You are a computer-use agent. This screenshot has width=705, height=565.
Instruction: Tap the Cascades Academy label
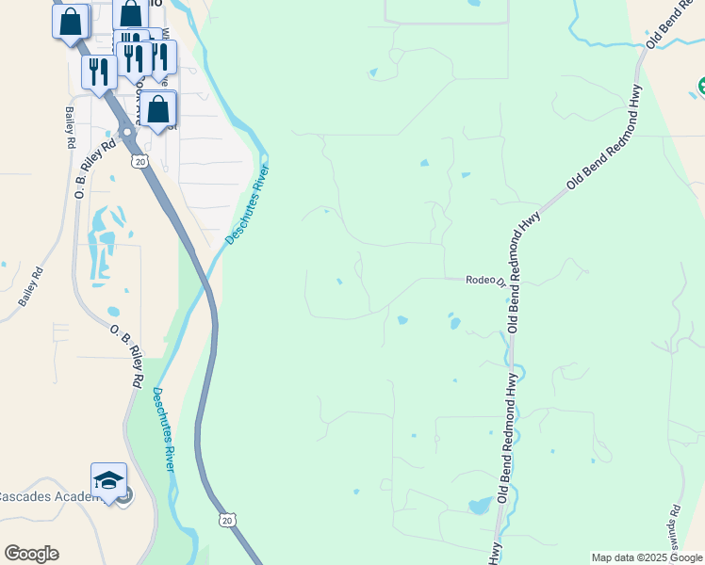coord(47,496)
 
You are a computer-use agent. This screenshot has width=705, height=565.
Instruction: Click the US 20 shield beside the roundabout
coord(140,162)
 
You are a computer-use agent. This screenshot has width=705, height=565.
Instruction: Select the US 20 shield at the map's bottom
coord(226,519)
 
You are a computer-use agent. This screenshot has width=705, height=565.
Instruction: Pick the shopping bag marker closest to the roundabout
coord(159,109)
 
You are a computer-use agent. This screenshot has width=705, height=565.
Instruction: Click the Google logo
coord(31,554)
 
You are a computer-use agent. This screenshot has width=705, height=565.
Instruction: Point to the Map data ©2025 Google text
coord(647,557)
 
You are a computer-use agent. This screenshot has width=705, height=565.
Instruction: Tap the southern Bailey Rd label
coord(29,288)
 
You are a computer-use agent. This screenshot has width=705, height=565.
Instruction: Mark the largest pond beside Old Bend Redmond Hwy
coord(479,507)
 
